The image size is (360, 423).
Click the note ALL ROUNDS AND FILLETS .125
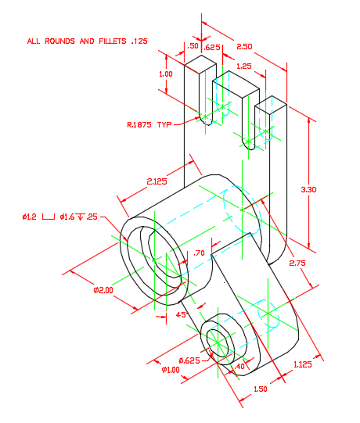point(87,41)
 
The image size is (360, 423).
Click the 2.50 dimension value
point(244,47)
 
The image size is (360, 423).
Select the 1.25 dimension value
point(244,66)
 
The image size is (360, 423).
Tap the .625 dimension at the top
point(212,48)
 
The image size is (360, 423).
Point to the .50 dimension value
point(193,46)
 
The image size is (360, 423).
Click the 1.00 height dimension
point(166,74)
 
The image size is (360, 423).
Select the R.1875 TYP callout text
point(149,124)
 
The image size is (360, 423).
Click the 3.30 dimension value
point(308,190)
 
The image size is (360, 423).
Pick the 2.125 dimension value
point(157,181)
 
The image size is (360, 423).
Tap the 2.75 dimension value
point(297,263)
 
